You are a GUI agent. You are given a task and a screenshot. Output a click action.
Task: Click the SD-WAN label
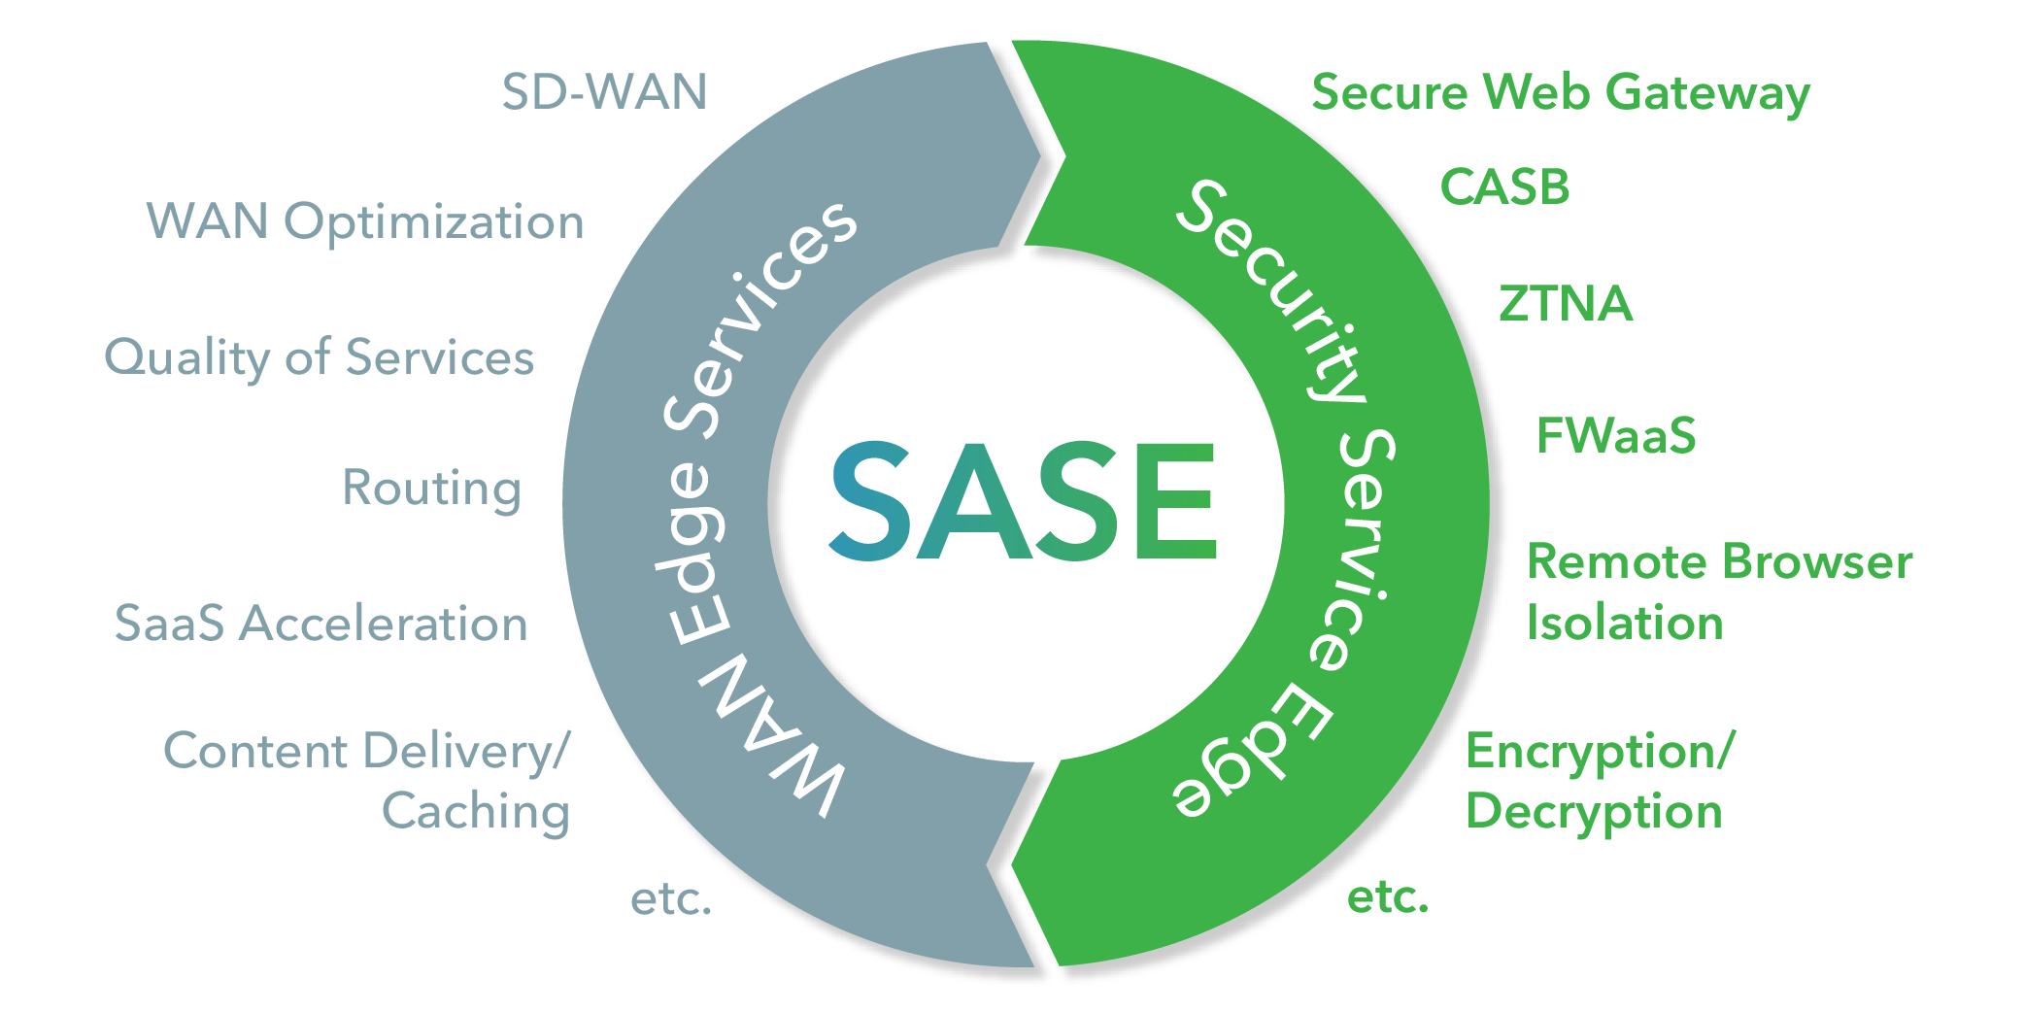604,92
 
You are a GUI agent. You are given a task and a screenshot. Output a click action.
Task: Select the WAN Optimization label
365,222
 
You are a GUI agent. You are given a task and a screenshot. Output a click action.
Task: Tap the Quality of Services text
319,357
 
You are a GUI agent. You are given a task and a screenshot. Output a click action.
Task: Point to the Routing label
431,488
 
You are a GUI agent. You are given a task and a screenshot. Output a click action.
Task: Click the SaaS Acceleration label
321,624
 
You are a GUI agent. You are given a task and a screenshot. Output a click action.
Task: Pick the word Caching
475,812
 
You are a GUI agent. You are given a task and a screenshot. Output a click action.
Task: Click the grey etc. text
671,899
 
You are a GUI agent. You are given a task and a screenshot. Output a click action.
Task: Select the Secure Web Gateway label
1561,94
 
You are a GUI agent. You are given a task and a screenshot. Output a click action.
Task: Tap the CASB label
1504,187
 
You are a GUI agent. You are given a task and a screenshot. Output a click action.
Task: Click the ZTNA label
1565,304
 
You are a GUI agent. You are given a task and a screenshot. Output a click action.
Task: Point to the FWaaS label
1616,436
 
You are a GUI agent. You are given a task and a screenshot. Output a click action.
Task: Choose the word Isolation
1625,624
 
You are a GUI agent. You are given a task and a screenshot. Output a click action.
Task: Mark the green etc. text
1388,898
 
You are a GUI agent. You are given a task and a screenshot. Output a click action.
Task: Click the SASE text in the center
1023,501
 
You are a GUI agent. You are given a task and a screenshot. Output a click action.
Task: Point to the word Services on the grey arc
758,321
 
